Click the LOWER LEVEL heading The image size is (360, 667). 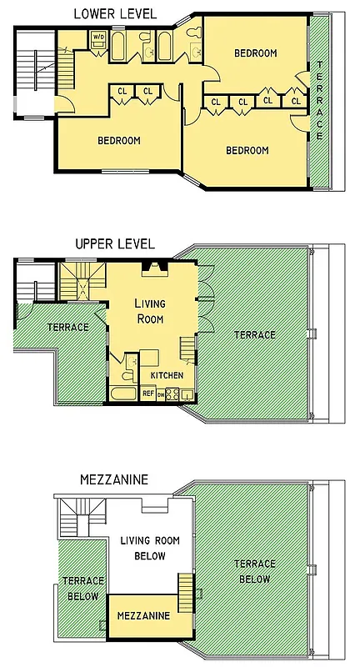click(x=114, y=13)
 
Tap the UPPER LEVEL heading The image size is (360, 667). click(x=114, y=244)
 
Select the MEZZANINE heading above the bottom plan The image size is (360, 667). click(x=113, y=479)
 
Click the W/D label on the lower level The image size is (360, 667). click(x=98, y=37)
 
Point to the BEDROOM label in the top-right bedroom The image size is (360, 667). click(x=255, y=53)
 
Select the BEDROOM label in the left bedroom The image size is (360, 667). click(x=119, y=140)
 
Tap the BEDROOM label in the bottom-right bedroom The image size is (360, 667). click(x=247, y=150)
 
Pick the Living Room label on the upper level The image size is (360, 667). click(x=149, y=312)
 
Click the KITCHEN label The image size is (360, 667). click(x=167, y=376)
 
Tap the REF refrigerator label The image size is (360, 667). click(x=147, y=394)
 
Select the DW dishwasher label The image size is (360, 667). click(x=161, y=394)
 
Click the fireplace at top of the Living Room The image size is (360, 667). click(x=151, y=268)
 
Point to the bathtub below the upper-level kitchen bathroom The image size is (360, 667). click(x=122, y=394)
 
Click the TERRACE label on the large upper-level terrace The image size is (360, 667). click(x=254, y=334)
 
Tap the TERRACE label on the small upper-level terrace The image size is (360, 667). click(x=67, y=327)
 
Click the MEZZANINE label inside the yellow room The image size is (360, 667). click(x=143, y=616)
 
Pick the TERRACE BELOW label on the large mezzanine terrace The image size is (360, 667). click(x=254, y=571)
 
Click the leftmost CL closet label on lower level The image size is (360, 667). click(x=122, y=91)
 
